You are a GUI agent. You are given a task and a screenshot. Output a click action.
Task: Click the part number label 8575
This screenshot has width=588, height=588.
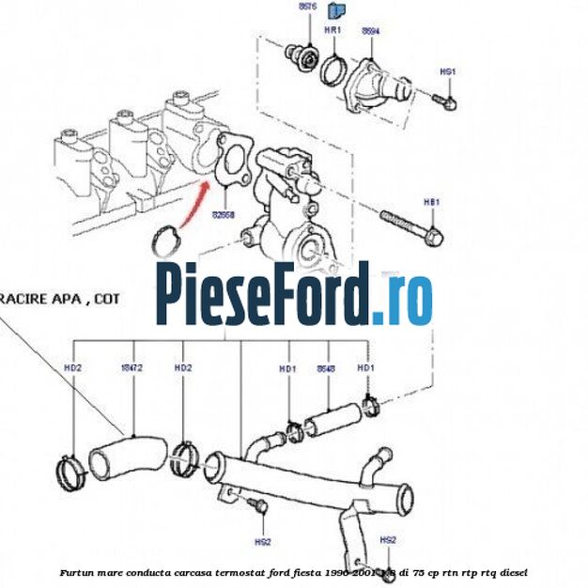pos(308,8)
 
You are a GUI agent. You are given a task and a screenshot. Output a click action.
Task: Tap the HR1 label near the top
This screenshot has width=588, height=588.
pos(332,30)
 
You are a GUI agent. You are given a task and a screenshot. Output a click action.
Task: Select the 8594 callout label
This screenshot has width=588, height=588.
pos(371,30)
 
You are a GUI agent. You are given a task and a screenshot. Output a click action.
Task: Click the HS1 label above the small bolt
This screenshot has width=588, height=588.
pos(448,71)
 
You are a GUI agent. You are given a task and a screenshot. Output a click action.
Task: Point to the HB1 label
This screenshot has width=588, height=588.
pos(431,202)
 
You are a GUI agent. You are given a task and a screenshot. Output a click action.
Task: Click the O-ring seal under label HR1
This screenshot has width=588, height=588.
pos(332,69)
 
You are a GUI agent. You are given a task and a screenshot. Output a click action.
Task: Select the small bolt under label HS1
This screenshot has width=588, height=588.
pos(444,98)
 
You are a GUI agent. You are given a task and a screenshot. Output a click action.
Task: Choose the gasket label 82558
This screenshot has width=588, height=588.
pos(224,214)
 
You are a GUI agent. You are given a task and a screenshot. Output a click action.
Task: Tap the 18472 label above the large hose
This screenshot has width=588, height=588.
pos(132,367)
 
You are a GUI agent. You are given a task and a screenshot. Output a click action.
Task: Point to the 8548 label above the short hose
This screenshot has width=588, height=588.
pos(326,368)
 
